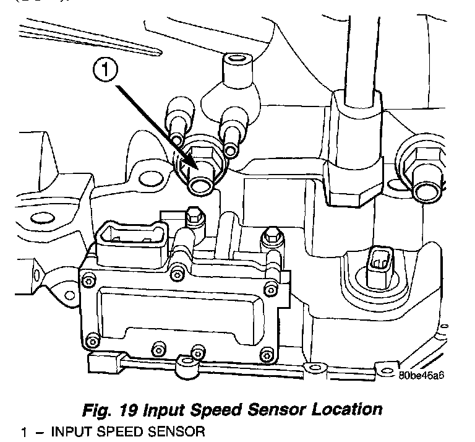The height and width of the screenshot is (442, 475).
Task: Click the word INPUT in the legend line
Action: pyautogui.click(x=73, y=431)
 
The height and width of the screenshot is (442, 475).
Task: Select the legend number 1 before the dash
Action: pyautogui.click(x=24, y=432)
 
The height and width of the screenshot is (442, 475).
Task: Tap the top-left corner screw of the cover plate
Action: pyautogui.click(x=88, y=282)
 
